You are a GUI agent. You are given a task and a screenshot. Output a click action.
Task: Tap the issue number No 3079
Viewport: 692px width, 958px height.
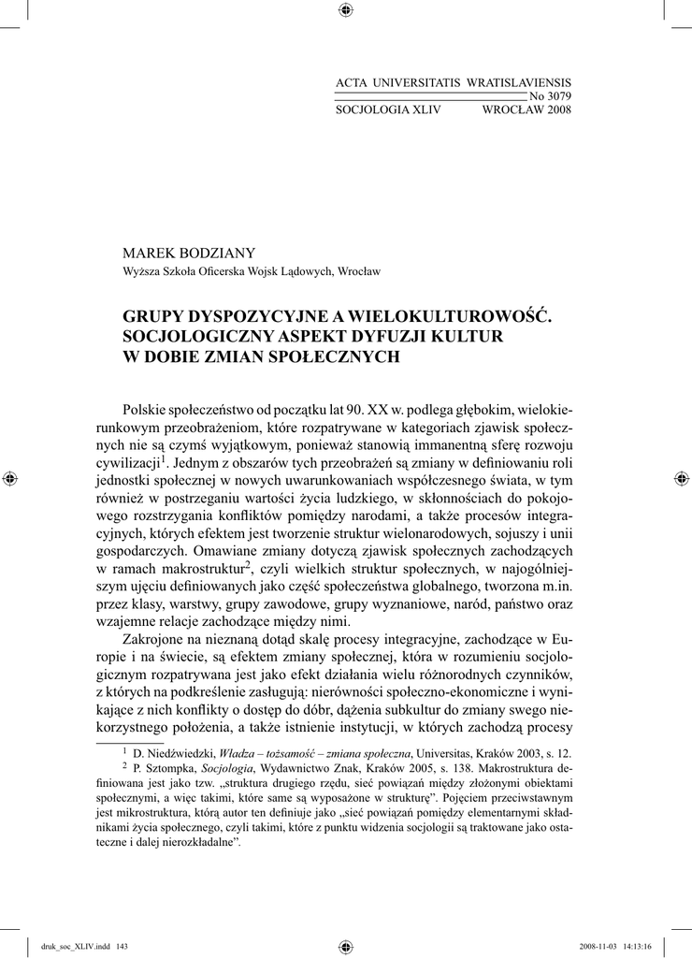point(550,96)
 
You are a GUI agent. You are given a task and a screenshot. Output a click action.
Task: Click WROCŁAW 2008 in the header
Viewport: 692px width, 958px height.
point(526,109)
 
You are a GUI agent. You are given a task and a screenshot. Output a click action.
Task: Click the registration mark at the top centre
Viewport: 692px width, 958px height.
point(345,10)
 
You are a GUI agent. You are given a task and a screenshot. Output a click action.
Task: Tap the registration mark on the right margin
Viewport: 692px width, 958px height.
point(680,478)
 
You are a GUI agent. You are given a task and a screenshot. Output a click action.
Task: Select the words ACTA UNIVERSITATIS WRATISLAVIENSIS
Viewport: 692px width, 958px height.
point(453,84)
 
